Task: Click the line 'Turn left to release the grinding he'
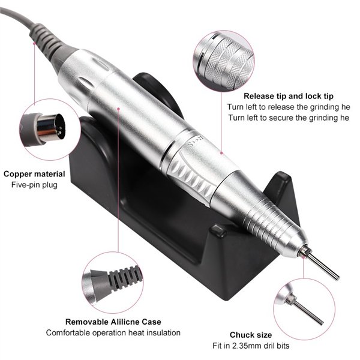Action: tap(288, 107)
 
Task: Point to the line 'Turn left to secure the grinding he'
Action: tap(288, 118)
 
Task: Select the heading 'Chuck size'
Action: tap(251, 335)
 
